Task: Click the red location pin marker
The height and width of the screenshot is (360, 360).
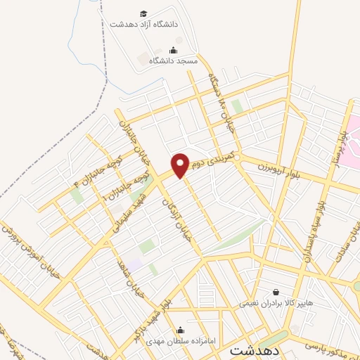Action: pyautogui.click(x=180, y=165)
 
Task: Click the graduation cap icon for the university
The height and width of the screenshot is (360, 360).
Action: pyautogui.click(x=144, y=13)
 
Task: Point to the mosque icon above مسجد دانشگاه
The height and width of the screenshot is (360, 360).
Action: pyautogui.click(x=174, y=51)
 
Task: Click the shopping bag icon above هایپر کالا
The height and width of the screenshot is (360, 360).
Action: pyautogui.click(x=275, y=292)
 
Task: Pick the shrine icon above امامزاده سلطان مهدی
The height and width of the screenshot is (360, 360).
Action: pyautogui.click(x=181, y=330)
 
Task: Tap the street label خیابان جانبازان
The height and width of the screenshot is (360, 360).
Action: pyautogui.click(x=129, y=134)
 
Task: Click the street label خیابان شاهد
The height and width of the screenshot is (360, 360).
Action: pyautogui.click(x=131, y=278)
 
